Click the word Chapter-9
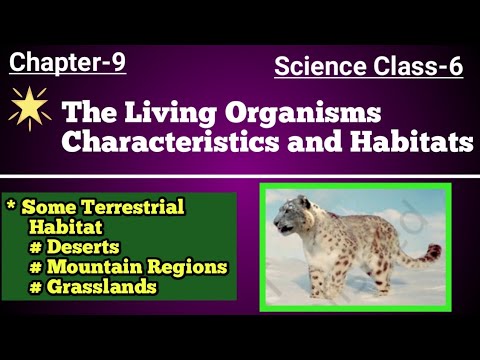coord(67,62)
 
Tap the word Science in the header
coord(320,66)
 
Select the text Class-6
coord(418,66)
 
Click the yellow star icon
coord(29,107)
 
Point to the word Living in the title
coord(170,114)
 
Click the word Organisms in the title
coord(303,114)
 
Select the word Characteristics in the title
coord(170,141)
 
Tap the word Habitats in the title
coord(412,141)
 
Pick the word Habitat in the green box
coord(66,227)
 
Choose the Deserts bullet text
coord(83,247)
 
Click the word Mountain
coord(95,267)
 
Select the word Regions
coord(187,267)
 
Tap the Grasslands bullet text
coord(102,287)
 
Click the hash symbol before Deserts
coord(35,248)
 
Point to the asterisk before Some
coord(11,204)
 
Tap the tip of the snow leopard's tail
coord(436,249)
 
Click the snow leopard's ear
coord(304,201)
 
